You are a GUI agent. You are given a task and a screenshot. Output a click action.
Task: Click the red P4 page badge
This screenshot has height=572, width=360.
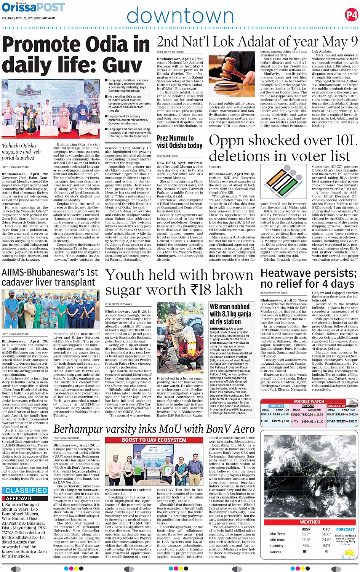coord(351,15)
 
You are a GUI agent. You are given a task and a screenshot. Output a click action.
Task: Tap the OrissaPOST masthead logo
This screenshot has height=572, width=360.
coord(33,8)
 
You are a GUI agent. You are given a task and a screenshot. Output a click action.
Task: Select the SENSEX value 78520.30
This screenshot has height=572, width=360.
coord(307,415)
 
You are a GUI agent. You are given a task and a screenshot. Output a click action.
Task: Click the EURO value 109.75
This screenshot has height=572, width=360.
coord(276,421)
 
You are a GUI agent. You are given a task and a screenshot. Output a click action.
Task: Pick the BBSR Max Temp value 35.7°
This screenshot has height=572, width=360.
coord(306,534)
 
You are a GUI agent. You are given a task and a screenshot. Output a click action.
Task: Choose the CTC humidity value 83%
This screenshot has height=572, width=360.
coord(326,546)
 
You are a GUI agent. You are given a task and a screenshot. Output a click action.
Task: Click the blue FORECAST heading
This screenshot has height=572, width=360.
coord(345,529)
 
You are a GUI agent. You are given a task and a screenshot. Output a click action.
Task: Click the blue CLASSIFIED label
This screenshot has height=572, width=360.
coord(26,491)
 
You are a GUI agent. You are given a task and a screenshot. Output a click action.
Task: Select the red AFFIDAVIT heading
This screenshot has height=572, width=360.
coord(19,498)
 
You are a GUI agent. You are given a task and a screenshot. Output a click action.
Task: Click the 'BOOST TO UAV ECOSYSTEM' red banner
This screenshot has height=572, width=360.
coord(154,440)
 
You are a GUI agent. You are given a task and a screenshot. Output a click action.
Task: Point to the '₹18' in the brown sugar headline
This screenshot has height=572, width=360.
coord(200,290)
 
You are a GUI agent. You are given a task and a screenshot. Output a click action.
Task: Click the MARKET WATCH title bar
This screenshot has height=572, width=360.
coord(309,401)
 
